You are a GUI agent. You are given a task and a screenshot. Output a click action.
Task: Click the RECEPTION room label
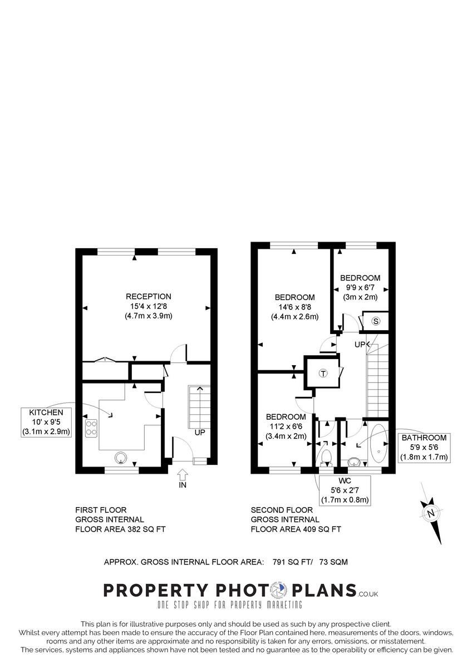tap(148, 297)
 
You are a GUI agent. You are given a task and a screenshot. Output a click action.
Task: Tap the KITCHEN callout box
tap(47, 422)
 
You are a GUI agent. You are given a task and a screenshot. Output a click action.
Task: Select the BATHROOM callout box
tap(424, 448)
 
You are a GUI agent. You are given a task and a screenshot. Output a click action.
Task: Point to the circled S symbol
tap(376, 321)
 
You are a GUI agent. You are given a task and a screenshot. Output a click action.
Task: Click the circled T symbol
tap(322, 374)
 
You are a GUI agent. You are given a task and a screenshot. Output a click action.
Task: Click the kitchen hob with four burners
tap(91, 428)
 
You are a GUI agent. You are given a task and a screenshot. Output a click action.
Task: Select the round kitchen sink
tap(121, 458)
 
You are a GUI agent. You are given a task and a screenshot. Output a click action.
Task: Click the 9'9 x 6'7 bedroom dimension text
tap(359, 288)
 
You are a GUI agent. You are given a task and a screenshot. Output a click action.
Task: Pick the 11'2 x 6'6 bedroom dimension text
tap(286, 426)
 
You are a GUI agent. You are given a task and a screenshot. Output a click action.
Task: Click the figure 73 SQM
tap(333, 562)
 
